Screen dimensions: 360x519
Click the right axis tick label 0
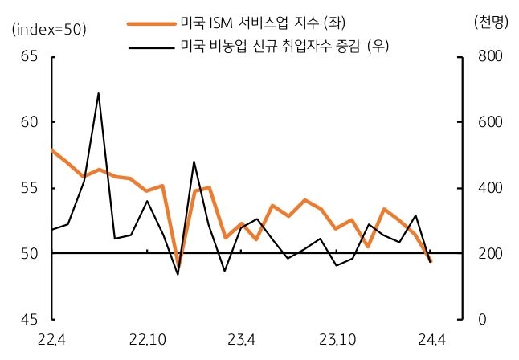pos(481,319)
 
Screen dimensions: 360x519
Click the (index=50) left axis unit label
pos(49,29)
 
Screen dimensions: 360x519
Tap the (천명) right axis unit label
pos(491,22)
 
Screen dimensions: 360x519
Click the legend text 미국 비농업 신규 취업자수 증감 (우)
pos(285,46)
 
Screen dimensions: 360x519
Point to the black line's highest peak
pos(98,93)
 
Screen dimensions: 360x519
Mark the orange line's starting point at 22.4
pos(51,149)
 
